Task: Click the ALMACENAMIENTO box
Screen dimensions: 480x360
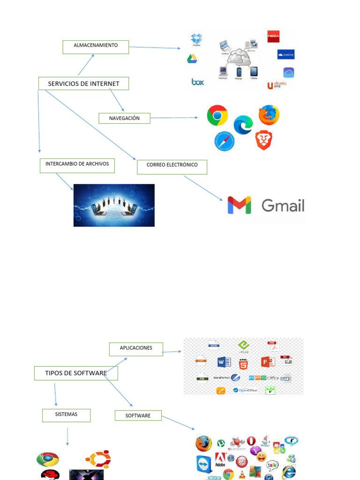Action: pyautogui.click(x=96, y=47)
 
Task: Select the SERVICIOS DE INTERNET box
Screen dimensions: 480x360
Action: pyautogui.click(x=83, y=84)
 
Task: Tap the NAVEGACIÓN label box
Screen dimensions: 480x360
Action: pyautogui.click(x=124, y=119)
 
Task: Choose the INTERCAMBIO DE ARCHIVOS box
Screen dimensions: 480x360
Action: pyautogui.click(x=77, y=165)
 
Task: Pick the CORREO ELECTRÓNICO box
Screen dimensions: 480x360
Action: pyautogui.click(x=172, y=167)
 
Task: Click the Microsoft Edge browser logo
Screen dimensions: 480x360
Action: pyautogui.click(x=243, y=125)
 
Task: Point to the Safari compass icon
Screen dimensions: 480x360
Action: pyautogui.click(x=224, y=142)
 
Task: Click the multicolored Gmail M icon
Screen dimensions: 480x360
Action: pyautogui.click(x=239, y=205)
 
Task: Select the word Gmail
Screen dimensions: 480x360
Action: pyautogui.click(x=283, y=205)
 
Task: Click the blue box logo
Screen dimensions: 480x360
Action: pyautogui.click(x=198, y=82)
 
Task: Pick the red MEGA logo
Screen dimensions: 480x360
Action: pyautogui.click(x=273, y=37)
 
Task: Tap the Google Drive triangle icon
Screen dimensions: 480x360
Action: pyautogui.click(x=192, y=59)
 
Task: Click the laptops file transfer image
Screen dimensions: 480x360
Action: pyautogui.click(x=114, y=205)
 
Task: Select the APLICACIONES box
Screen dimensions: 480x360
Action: pyautogui.click(x=136, y=349)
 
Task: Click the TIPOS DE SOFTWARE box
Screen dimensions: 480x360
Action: pyautogui.click(x=76, y=373)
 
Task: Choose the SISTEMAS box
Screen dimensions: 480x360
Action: pyautogui.click(x=66, y=415)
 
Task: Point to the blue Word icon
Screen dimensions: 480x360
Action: pyautogui.click(x=224, y=362)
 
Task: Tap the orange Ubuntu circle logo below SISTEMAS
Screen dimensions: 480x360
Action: pyautogui.click(x=98, y=459)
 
